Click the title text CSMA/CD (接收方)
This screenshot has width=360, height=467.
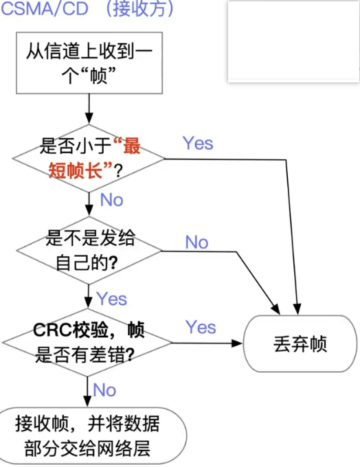click(x=87, y=9)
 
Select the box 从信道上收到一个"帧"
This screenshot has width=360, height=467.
click(x=89, y=63)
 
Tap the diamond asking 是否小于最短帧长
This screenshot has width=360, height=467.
click(x=89, y=159)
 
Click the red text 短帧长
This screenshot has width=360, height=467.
click(x=76, y=170)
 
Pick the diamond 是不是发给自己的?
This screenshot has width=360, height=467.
click(x=89, y=251)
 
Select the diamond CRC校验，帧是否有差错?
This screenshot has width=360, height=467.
click(x=87, y=343)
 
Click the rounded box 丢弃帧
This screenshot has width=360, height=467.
click(x=300, y=343)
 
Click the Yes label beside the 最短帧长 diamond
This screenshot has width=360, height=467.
click(x=198, y=144)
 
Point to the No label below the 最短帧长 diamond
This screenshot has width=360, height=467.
click(x=112, y=200)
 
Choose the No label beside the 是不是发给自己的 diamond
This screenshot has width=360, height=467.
click(x=196, y=242)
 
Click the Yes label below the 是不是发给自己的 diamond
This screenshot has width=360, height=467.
click(x=112, y=299)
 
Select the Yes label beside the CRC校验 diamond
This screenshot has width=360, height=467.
click(x=201, y=327)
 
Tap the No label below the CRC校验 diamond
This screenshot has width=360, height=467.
click(x=104, y=390)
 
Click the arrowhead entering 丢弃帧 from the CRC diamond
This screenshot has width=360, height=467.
click(x=237, y=343)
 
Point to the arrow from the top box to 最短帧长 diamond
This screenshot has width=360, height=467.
click(x=89, y=109)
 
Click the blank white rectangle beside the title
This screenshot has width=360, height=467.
click(x=293, y=41)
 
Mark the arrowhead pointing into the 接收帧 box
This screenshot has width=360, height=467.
click(x=87, y=402)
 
